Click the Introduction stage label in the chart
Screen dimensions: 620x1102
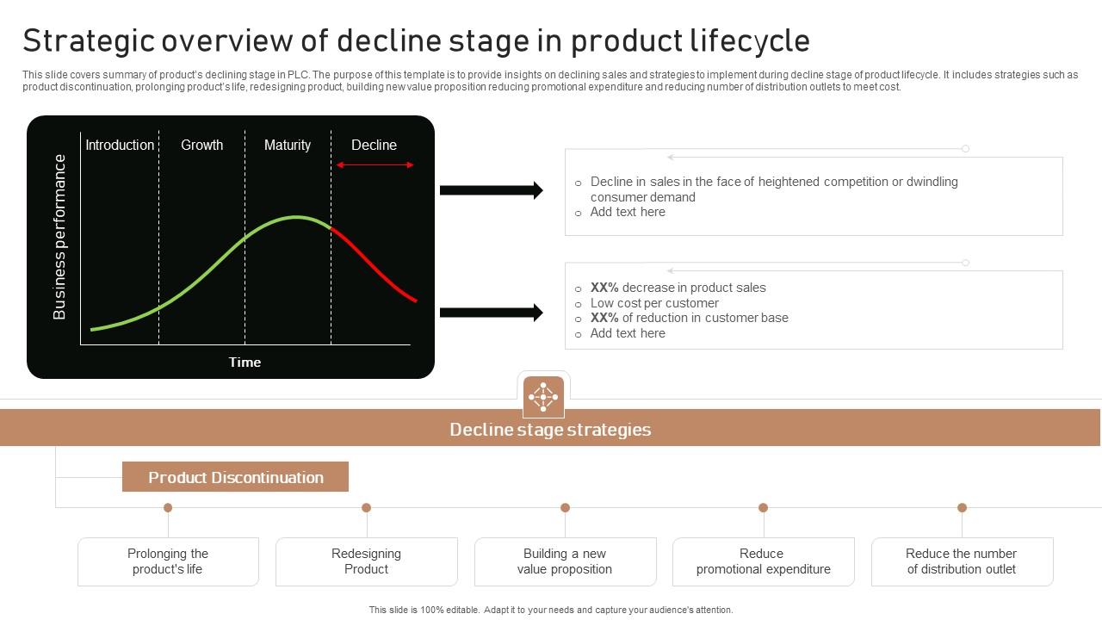[120, 145]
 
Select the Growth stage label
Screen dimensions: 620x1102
[202, 145]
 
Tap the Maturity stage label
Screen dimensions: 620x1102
[288, 145]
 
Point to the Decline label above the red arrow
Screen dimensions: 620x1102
[374, 145]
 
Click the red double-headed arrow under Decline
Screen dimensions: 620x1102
[375, 164]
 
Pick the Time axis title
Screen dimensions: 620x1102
[245, 362]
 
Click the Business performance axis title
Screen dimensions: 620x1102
[59, 237]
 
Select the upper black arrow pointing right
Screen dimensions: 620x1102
[491, 190]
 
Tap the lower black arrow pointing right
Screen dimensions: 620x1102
[491, 313]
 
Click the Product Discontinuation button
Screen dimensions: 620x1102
[235, 477]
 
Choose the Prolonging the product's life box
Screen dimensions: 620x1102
[168, 561]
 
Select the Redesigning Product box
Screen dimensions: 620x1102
[367, 561]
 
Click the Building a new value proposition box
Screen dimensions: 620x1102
[565, 561]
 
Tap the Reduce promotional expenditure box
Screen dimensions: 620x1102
[764, 561]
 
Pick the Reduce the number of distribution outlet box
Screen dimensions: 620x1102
[962, 561]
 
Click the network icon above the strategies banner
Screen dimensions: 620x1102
[543, 397]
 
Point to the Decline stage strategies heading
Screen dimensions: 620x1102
[550, 429]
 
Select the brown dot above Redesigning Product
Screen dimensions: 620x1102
[367, 508]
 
